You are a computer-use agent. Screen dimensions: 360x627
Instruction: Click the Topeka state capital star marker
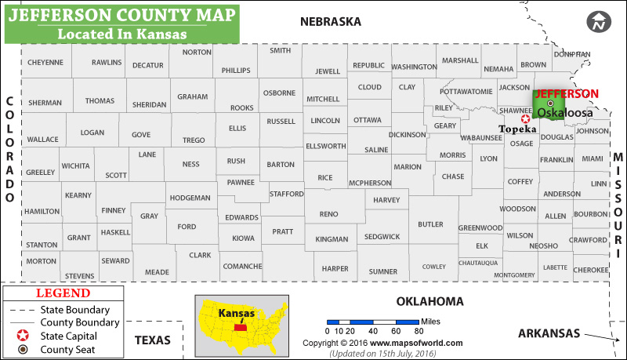[x=525, y=118]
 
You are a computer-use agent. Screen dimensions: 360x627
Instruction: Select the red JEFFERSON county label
[x=566, y=93]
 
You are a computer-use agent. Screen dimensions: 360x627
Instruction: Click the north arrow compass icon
[x=600, y=22]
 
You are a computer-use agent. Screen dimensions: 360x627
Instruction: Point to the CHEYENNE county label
[x=45, y=62]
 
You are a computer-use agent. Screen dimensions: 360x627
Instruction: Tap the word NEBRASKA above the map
[x=331, y=22]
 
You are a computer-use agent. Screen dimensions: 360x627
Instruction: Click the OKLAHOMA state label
[x=429, y=301]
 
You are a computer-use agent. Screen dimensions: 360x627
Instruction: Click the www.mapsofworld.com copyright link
[x=416, y=343]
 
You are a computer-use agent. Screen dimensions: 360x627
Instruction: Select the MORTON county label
[x=41, y=261]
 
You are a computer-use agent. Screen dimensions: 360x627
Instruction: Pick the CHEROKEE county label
[x=590, y=269]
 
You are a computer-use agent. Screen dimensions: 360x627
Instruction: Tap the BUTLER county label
[x=430, y=224]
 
